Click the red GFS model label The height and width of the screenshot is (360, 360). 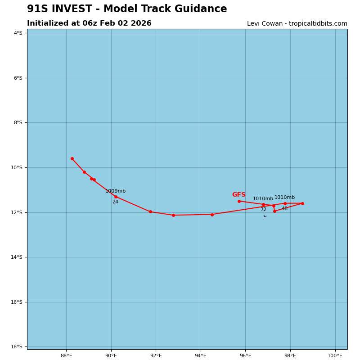(238, 195)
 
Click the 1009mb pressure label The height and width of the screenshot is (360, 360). (115, 191)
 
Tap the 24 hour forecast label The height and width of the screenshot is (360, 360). (115, 202)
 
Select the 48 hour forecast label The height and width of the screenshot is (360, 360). (284, 209)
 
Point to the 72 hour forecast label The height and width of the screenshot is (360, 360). (263, 210)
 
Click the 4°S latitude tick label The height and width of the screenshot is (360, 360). (18, 33)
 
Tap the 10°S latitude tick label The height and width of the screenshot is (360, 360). (16, 167)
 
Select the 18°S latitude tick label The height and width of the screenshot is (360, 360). (16, 346)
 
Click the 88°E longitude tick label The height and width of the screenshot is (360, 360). (66, 356)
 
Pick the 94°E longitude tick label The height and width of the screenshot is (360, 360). (201, 356)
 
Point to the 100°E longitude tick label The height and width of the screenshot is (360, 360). (335, 356)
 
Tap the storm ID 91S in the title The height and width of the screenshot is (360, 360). (37, 9)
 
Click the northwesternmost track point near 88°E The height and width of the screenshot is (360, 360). (72, 158)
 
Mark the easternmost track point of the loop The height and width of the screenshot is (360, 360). (302, 203)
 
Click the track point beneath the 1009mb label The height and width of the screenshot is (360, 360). (116, 197)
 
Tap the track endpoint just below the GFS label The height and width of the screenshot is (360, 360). (239, 201)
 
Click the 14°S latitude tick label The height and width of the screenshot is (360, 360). (16, 257)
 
